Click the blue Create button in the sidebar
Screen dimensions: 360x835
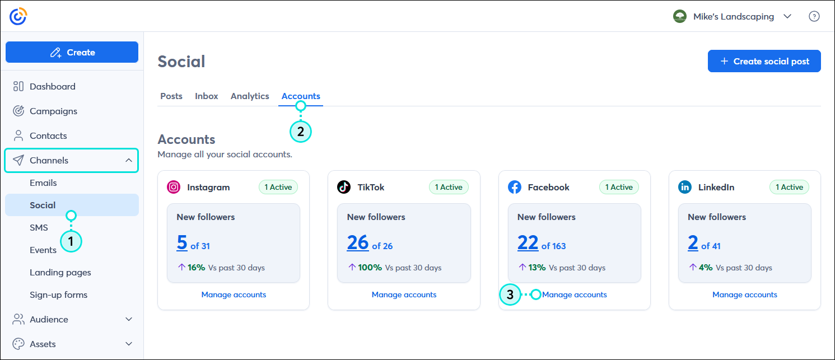72,52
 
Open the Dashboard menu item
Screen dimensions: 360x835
52,86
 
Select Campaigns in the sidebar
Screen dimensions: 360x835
53,111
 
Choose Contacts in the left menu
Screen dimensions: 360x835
48,135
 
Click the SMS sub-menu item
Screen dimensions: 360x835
39,227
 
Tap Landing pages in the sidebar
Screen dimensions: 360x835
60,272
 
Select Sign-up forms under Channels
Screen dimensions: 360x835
58,294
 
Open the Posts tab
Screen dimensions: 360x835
171,96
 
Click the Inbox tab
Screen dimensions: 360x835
207,96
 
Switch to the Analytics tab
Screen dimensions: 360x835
250,96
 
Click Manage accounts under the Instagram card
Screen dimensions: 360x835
234,294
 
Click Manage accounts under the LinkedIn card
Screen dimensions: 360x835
745,294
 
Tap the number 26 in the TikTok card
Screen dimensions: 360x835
358,242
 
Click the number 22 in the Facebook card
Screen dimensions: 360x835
528,242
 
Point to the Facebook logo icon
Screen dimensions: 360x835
515,187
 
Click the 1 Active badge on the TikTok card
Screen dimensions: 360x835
449,187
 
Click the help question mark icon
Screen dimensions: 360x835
814,16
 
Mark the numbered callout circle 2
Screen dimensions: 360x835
301,132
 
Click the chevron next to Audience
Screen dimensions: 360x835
129,319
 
